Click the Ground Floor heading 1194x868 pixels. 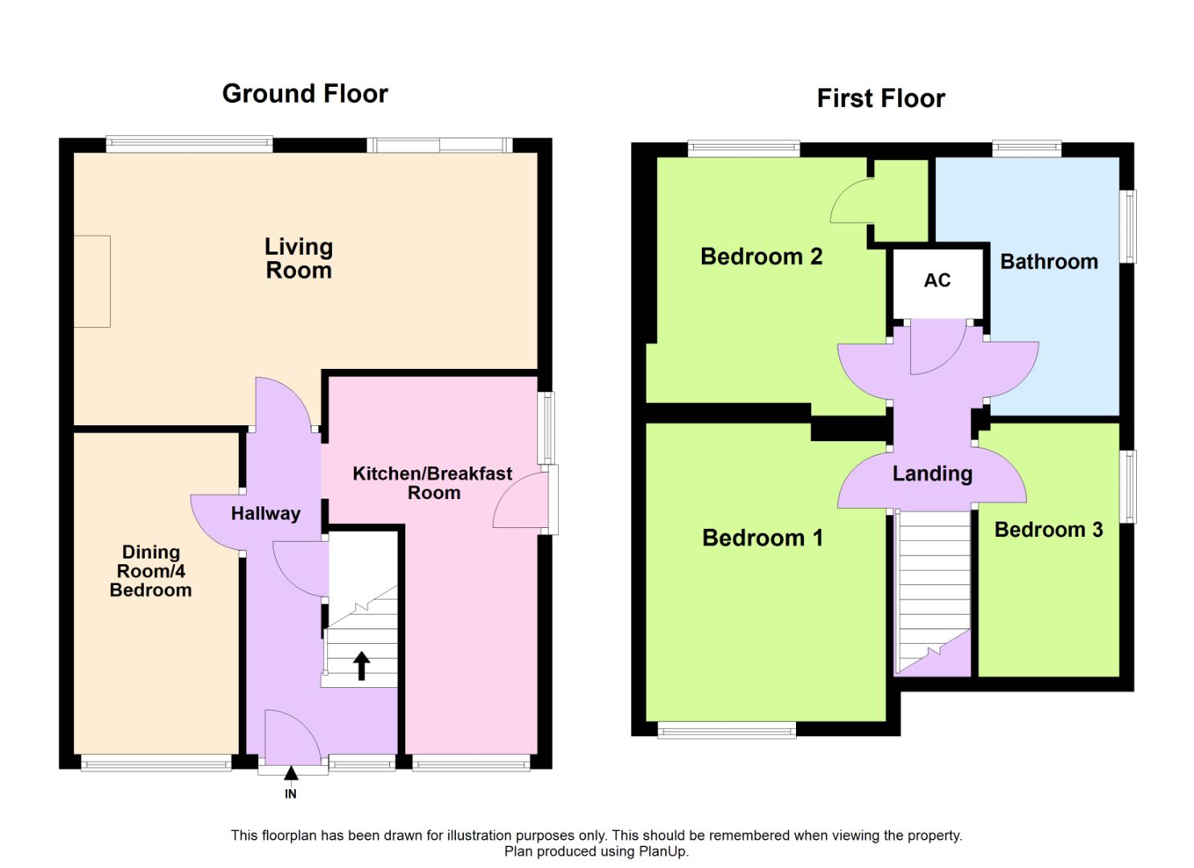pos(305,94)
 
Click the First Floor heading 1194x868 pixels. pos(880,99)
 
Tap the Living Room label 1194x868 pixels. pos(298,258)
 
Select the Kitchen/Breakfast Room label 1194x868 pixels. pos(433,483)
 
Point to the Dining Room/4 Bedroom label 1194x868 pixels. pos(150,571)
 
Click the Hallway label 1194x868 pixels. pos(265,514)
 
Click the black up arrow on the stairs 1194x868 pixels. pos(362,665)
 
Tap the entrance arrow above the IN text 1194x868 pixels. pos(291,773)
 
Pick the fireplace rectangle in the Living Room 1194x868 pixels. pos(92,281)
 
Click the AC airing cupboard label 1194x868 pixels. pos(937,280)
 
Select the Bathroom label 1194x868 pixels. pos(1048,262)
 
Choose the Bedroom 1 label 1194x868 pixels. pos(762,538)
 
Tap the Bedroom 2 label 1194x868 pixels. pos(761,257)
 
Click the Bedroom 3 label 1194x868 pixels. pos(1048,530)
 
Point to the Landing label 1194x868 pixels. pos(932,474)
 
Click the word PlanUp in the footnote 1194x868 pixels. pos(663,852)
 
